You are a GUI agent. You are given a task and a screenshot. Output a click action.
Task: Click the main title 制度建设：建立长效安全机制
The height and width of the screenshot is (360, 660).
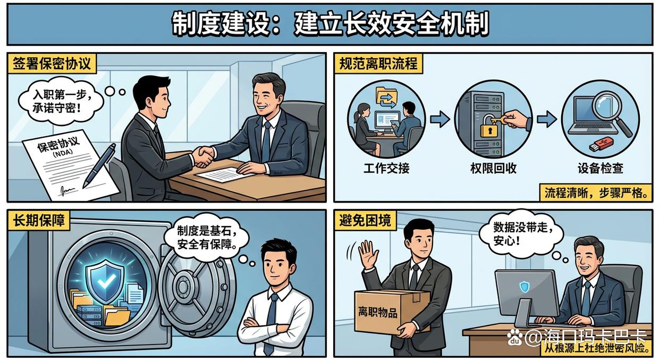pyautogui.click(x=329, y=24)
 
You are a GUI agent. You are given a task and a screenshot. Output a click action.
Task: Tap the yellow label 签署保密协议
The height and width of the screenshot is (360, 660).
pyautogui.click(x=52, y=64)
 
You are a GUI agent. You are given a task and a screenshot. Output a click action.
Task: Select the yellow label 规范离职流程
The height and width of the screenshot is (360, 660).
pyautogui.click(x=378, y=64)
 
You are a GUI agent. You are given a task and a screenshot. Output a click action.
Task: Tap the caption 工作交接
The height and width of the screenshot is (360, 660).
pyautogui.click(x=386, y=169)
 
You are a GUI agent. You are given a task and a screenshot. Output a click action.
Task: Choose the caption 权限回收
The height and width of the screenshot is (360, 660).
pyautogui.click(x=493, y=169)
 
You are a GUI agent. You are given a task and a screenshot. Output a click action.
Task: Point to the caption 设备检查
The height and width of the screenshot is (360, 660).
pyautogui.click(x=600, y=169)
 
